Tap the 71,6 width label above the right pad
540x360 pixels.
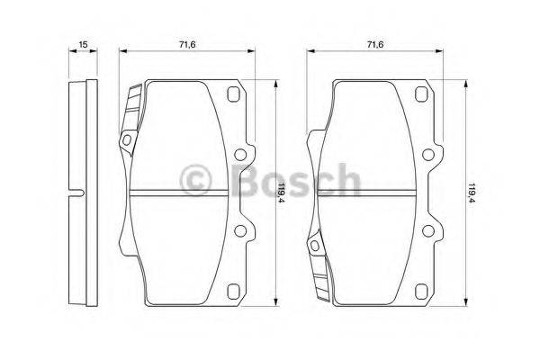tap(376, 42)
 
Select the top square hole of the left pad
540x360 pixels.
tap(233, 96)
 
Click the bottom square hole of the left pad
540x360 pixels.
tap(233, 290)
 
